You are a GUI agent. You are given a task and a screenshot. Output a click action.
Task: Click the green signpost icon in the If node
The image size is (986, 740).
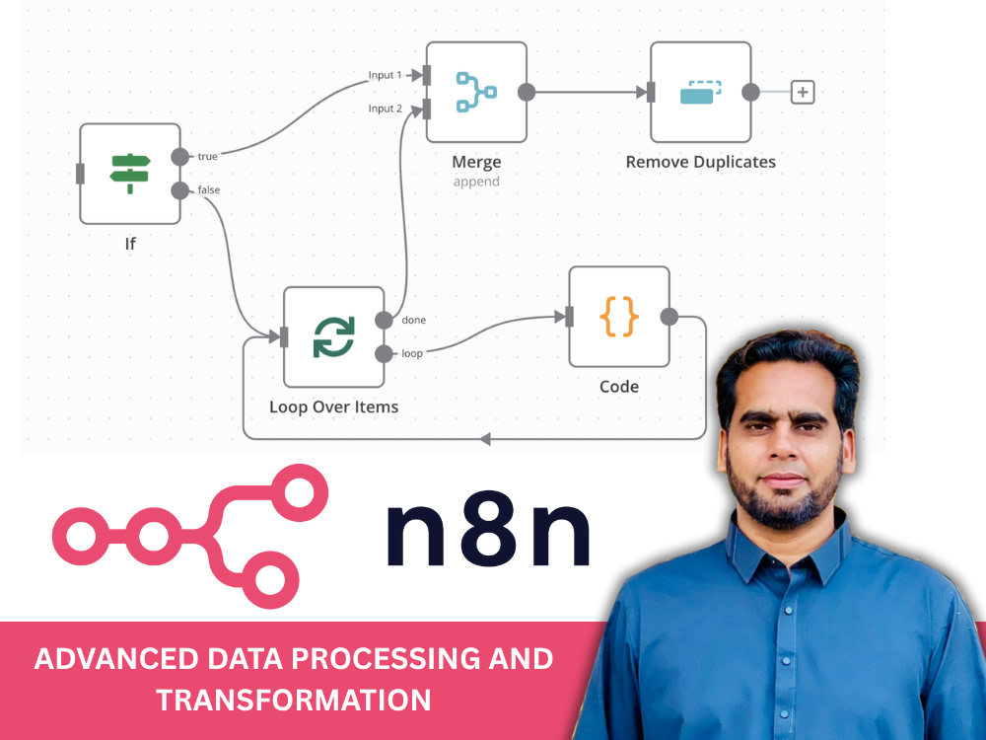tap(130, 173)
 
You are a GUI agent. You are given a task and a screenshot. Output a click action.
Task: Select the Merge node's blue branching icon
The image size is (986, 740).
tap(476, 92)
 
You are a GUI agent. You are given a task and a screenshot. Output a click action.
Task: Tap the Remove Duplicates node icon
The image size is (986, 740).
tap(700, 92)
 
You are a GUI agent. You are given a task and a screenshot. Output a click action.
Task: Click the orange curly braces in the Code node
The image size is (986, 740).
tap(619, 317)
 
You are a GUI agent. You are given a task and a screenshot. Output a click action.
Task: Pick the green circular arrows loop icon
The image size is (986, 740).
tap(334, 336)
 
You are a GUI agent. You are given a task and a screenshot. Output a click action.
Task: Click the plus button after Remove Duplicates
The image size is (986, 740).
tap(803, 92)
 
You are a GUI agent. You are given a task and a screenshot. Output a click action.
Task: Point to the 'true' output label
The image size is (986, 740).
tap(207, 156)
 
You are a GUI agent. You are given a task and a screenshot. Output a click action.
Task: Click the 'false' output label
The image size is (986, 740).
tap(209, 189)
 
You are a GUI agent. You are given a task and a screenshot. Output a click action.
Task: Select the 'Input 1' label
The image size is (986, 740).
tap(385, 75)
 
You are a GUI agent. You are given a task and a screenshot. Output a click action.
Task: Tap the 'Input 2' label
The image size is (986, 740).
tap(385, 109)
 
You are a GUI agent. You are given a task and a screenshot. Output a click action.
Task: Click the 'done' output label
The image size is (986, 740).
tap(414, 320)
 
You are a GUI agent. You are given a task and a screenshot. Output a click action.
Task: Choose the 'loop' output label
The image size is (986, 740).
tap(412, 353)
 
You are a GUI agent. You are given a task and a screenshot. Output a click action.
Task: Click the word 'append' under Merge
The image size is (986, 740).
tap(476, 182)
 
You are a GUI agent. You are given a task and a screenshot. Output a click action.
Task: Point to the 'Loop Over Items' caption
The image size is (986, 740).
tap(334, 407)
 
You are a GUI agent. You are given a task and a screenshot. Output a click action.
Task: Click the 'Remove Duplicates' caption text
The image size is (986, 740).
tap(700, 162)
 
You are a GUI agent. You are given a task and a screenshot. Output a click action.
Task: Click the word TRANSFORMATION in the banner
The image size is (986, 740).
tap(294, 700)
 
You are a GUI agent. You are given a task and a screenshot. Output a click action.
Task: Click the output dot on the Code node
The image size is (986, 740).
tap(669, 317)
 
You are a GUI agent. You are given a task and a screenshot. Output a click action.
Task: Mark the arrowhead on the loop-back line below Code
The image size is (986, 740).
tap(485, 439)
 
